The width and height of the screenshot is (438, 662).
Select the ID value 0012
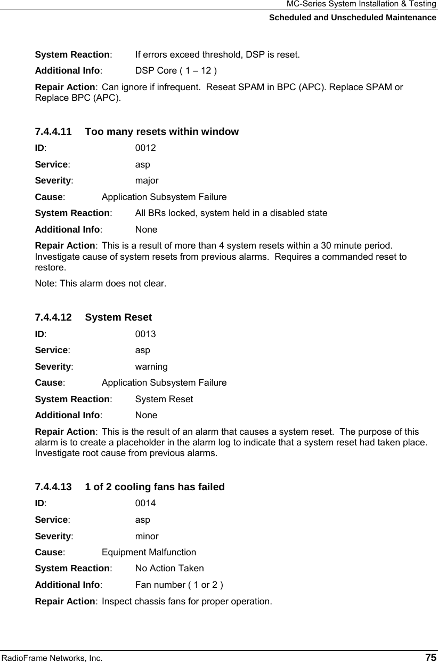pyautogui.click(x=145, y=148)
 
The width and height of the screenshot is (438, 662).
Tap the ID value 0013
pyautogui.click(x=145, y=334)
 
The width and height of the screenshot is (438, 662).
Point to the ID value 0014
pyautogui.click(x=145, y=504)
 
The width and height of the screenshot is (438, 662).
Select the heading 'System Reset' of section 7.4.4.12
pyautogui.click(x=118, y=318)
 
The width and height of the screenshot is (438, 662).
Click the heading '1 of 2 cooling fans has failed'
pyautogui.click(x=155, y=487)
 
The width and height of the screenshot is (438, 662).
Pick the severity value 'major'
pyautogui.click(x=147, y=180)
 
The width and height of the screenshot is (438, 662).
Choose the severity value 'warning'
pyautogui.click(x=151, y=367)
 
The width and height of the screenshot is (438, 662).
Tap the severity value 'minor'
pyautogui.click(x=147, y=536)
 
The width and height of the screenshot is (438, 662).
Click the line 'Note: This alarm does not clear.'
pyautogui.click(x=100, y=283)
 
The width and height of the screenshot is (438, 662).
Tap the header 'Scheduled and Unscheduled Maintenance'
pyautogui.click(x=352, y=18)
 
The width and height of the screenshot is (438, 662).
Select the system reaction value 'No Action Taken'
pyautogui.click(x=169, y=569)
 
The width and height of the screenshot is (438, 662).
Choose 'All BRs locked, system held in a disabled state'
pyautogui.click(x=231, y=213)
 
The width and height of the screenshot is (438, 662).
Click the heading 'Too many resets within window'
pyautogui.click(x=162, y=132)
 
